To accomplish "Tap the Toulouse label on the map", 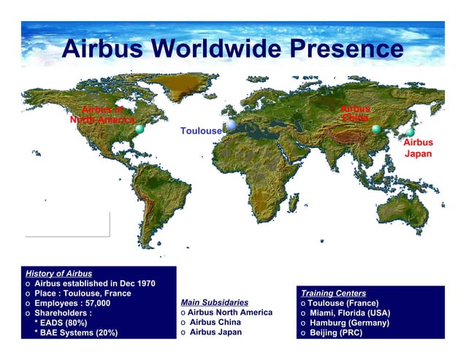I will (x=201, y=131).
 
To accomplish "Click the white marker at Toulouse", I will (x=231, y=126).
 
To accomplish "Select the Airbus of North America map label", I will (x=102, y=115).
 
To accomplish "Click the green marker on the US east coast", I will (x=140, y=129).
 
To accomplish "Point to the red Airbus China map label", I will (x=356, y=113).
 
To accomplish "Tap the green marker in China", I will (x=376, y=129).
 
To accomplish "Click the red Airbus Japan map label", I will (x=419, y=148).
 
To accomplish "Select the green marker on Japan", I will (x=410, y=132).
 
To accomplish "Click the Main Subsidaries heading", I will (x=214, y=302).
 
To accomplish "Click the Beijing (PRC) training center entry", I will (x=335, y=333).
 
